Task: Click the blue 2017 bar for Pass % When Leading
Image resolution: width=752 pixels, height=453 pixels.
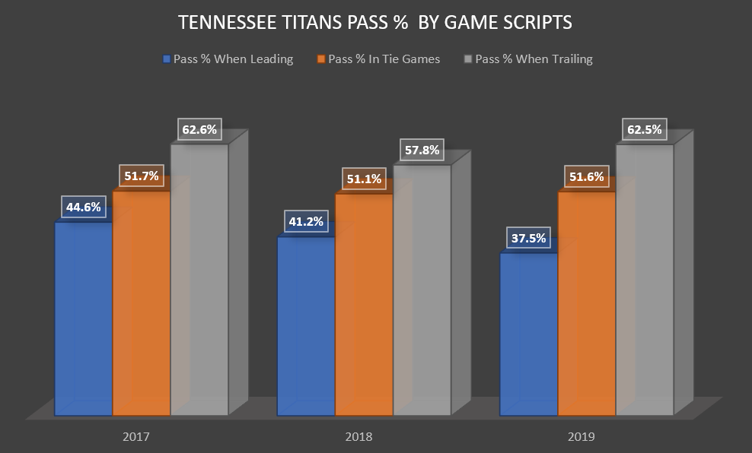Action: (84, 319)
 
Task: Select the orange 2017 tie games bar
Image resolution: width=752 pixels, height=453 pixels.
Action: (142, 304)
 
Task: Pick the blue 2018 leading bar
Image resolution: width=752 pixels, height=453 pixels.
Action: (306, 327)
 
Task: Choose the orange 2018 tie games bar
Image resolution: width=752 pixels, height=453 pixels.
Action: (364, 305)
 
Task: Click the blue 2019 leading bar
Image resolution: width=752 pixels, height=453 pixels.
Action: (528, 334)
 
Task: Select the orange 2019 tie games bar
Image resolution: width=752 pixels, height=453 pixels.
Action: (586, 304)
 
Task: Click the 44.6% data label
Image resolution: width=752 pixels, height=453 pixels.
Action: (82, 207)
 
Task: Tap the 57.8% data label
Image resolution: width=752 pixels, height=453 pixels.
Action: (421, 150)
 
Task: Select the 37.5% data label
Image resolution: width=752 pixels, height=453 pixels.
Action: (527, 238)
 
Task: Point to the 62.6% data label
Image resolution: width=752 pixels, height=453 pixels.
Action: (199, 129)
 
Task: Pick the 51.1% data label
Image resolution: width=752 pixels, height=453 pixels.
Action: (363, 180)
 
